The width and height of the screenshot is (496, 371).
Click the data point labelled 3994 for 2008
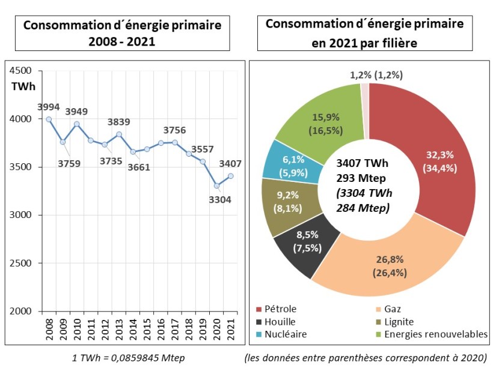click(x=49, y=119)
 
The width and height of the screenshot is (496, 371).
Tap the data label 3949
click(x=76, y=112)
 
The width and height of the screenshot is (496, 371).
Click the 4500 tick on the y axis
click(x=22, y=71)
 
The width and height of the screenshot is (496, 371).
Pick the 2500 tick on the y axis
click(x=22, y=263)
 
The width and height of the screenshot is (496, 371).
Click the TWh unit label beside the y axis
click(x=23, y=85)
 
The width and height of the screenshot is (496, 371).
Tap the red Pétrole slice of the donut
click(x=433, y=162)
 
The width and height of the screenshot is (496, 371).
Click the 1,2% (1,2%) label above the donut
click(x=376, y=75)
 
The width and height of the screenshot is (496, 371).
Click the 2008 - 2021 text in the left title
click(x=122, y=43)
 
